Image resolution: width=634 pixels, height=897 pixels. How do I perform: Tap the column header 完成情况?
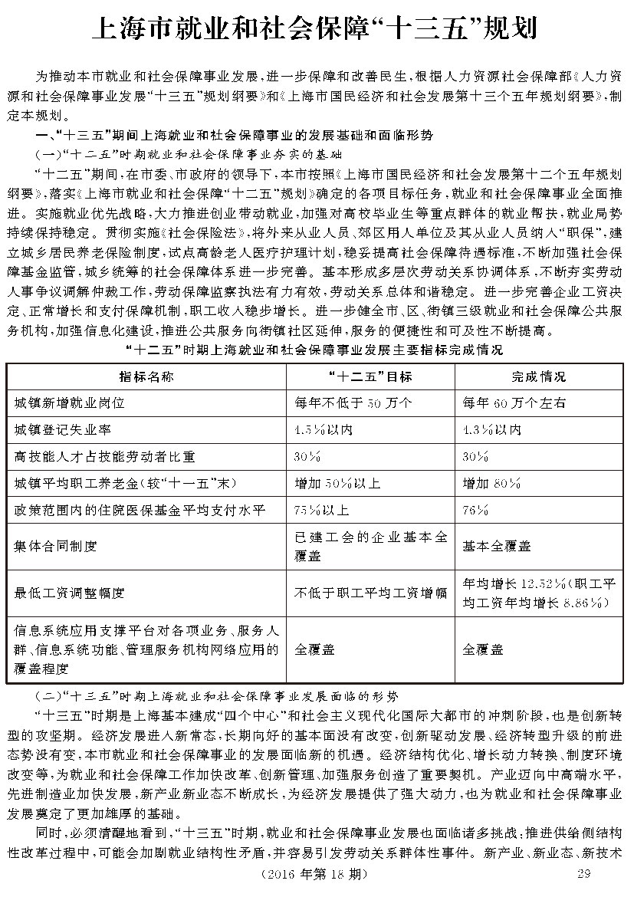pyautogui.click(x=539, y=376)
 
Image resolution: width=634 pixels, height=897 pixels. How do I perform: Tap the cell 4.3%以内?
pyautogui.click(x=491, y=429)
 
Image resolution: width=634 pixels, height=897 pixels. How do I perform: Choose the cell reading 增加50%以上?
pyautogui.click(x=337, y=484)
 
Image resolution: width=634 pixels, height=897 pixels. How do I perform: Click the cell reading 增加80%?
pyautogui.click(x=491, y=484)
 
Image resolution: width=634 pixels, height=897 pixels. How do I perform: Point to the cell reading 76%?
pyautogui.click(x=476, y=511)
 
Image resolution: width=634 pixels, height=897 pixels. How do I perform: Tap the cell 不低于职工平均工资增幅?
pyautogui.click(x=371, y=593)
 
